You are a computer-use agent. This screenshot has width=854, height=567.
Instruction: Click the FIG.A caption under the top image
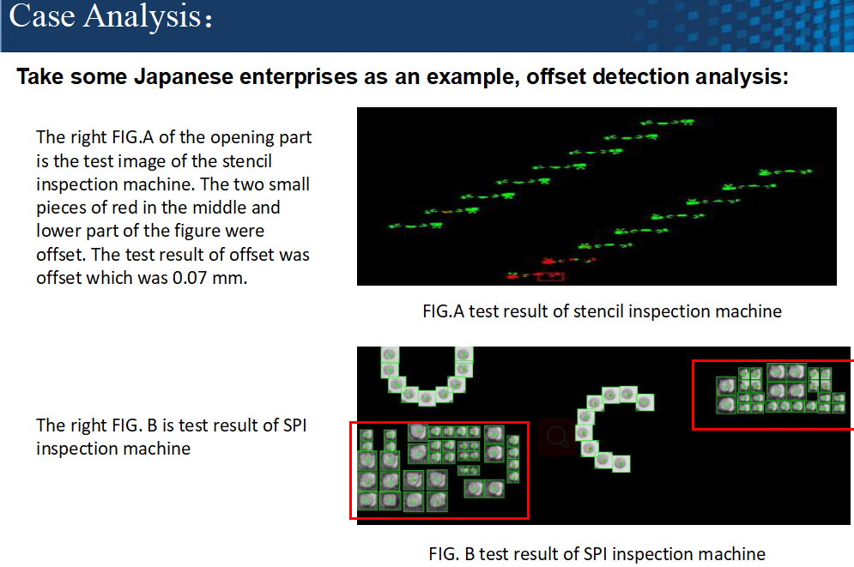coord(602,311)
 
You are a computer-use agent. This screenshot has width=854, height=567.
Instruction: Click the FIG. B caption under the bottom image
coord(597,554)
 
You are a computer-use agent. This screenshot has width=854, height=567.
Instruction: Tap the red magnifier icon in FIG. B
coord(557,437)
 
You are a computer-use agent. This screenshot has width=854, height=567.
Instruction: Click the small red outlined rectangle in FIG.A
coord(550,276)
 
